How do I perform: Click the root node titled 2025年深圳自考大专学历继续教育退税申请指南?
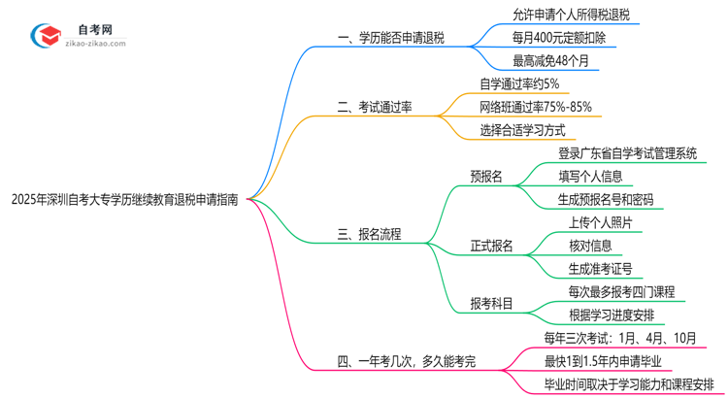124,199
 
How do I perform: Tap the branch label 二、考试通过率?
374,107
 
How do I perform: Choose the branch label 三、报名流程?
369,234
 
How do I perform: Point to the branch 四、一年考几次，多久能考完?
420,361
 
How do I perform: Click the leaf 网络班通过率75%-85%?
535,107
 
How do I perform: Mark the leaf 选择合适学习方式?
522,130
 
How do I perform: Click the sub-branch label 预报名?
485,177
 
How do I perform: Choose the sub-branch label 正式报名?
491,246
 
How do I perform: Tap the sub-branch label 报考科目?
491,303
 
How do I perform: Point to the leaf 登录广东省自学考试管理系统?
627,153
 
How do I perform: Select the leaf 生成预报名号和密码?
605,200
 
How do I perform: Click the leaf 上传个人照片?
601,222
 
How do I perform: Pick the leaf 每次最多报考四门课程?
621,291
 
